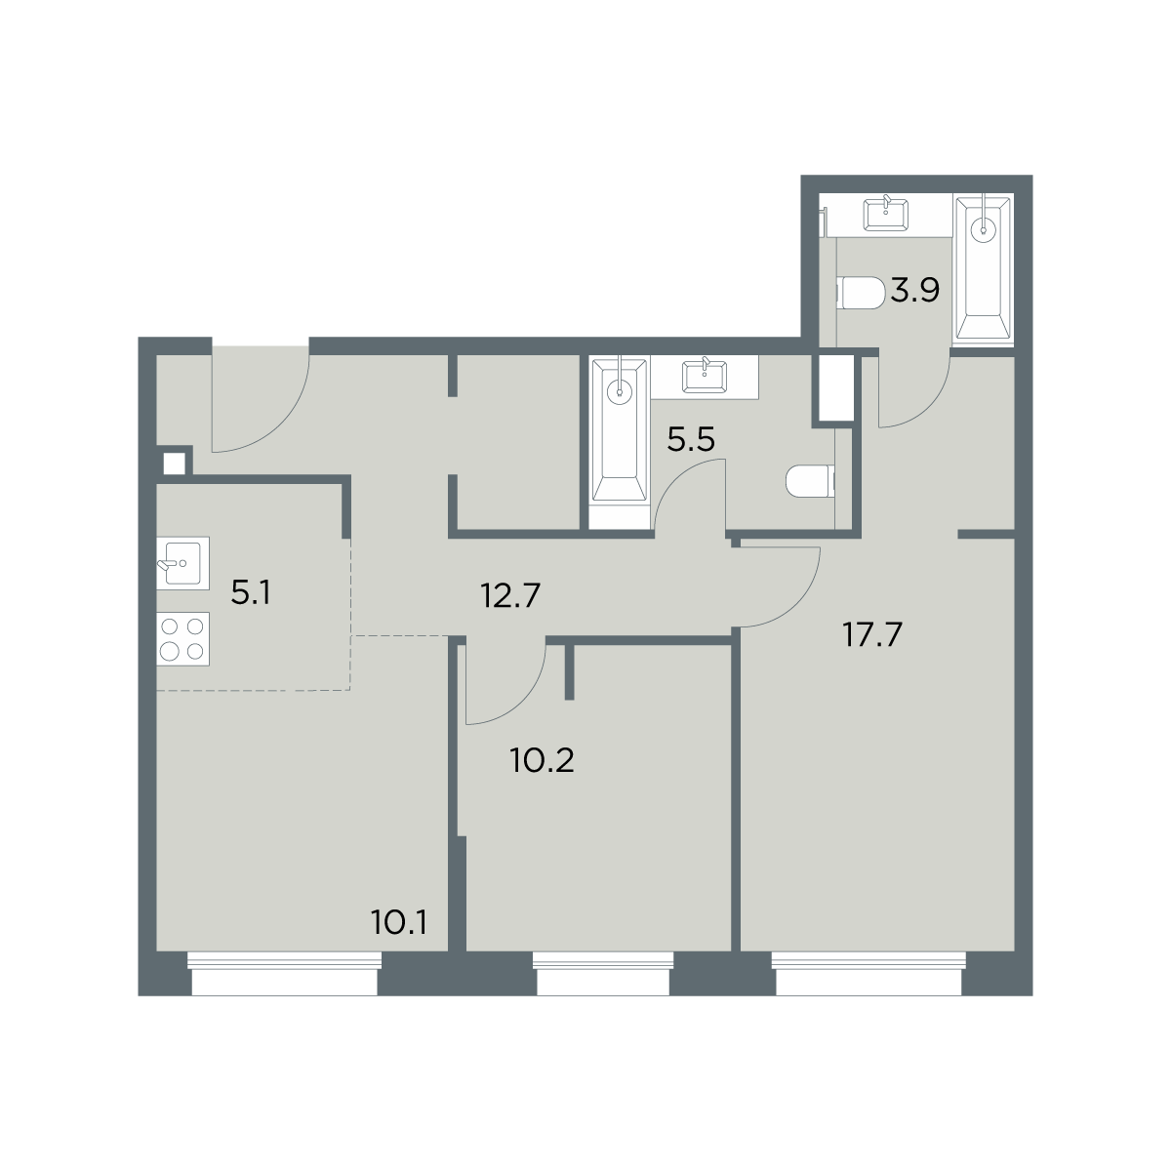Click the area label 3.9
click(915, 290)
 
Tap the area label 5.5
click(690, 439)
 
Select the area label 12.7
click(510, 595)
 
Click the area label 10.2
click(543, 760)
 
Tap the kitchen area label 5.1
click(251, 592)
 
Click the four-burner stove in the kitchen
click(182, 638)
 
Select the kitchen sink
click(182, 563)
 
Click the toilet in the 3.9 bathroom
click(861, 294)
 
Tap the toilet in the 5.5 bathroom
click(811, 482)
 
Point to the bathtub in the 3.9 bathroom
click(983, 269)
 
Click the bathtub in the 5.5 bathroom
click(620, 431)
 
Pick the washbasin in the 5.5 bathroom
click(705, 376)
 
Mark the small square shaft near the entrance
click(175, 464)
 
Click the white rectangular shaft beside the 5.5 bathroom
click(836, 387)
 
